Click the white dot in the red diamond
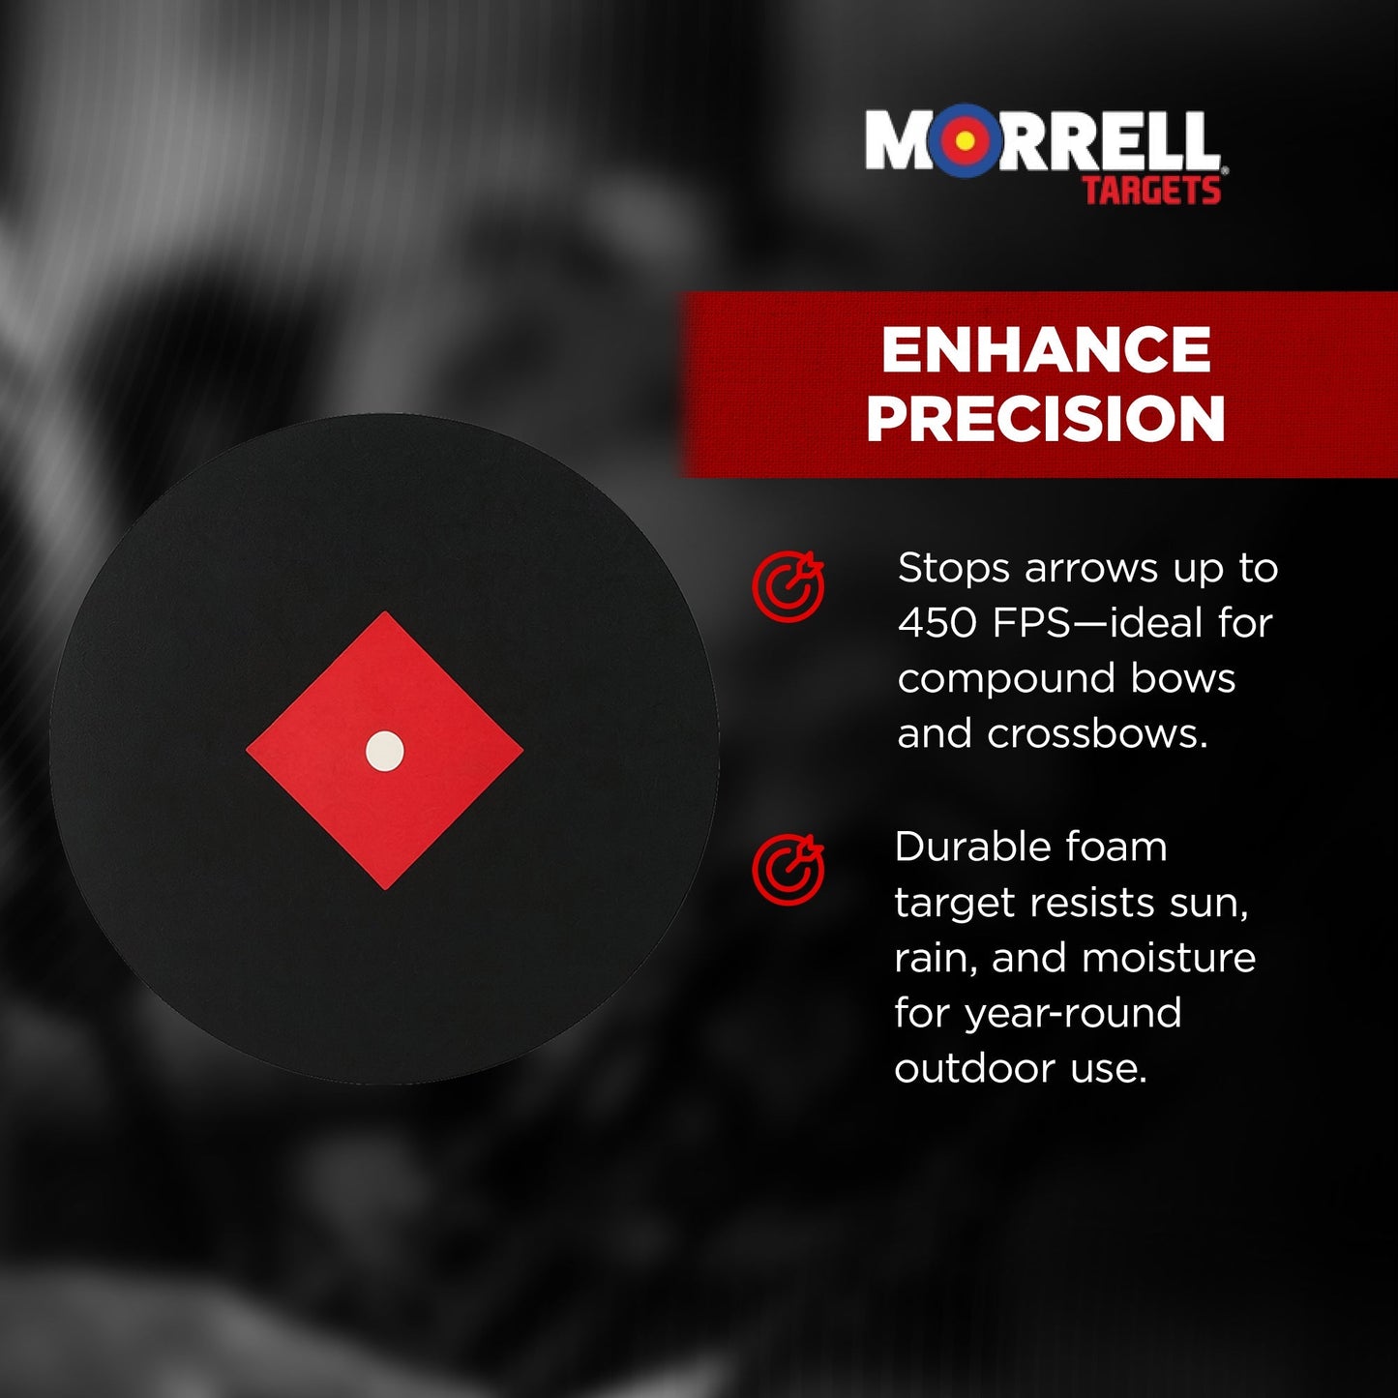click(x=385, y=751)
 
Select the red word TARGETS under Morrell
click(x=1151, y=190)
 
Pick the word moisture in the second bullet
click(x=1169, y=958)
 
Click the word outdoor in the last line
click(x=974, y=1068)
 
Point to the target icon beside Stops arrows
click(x=788, y=586)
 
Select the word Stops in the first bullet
click(x=954, y=568)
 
